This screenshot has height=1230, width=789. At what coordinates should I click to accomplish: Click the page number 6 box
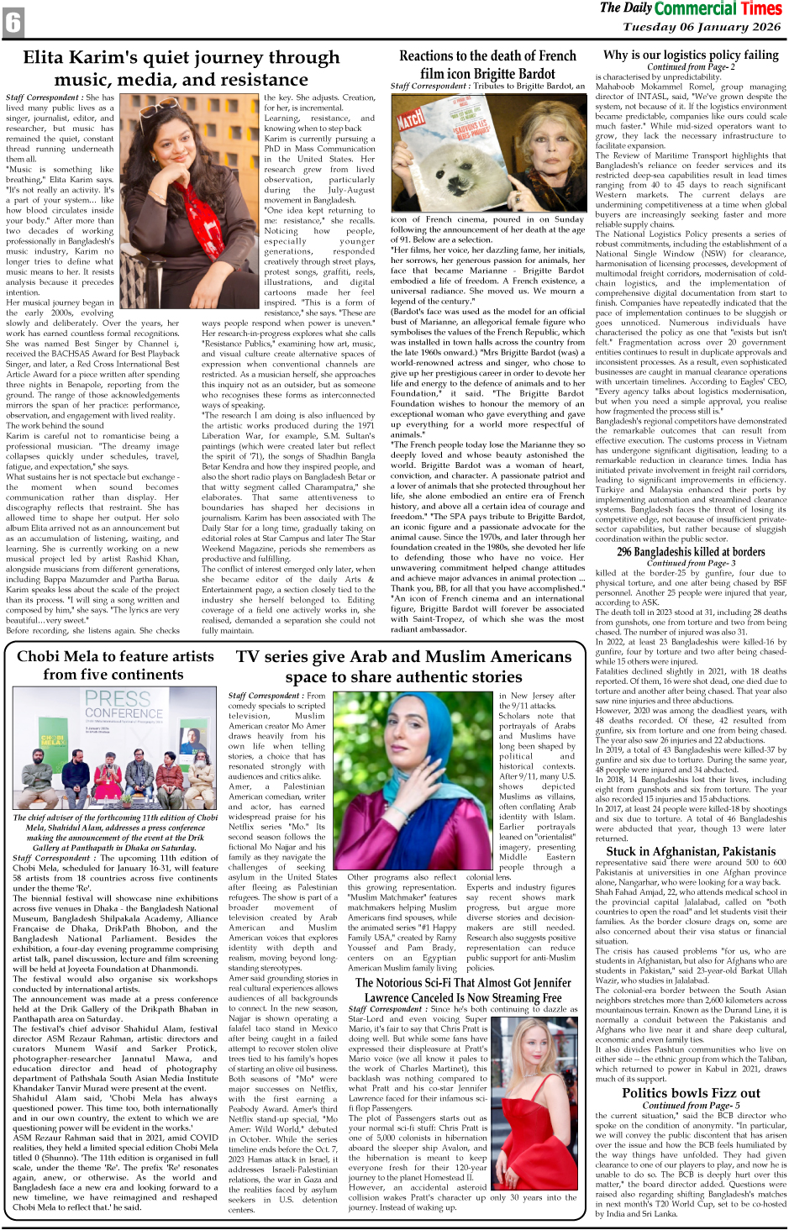[13, 23]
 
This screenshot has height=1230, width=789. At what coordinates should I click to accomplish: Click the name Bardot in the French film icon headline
[527, 73]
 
